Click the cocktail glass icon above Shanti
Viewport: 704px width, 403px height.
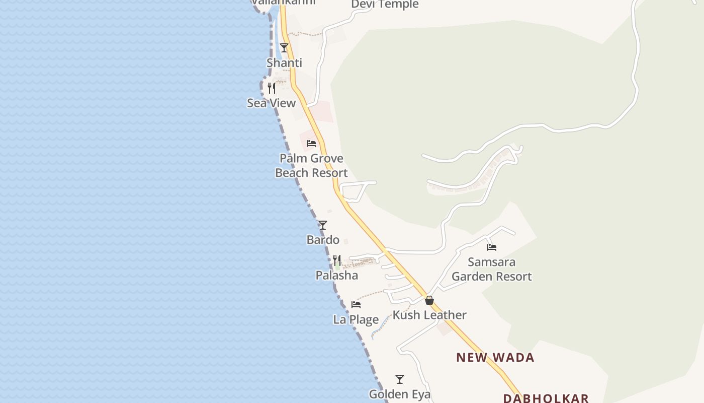click(284, 48)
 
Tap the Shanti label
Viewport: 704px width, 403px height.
click(284, 63)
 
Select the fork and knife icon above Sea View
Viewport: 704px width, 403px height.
click(272, 88)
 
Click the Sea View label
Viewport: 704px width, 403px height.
click(271, 103)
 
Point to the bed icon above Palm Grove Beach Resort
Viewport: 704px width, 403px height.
click(311, 144)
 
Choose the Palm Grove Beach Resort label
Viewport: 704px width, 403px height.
click(311, 166)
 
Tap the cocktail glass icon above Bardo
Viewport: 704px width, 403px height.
click(323, 225)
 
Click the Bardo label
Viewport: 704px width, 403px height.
click(323, 240)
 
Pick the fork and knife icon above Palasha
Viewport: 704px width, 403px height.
click(337, 260)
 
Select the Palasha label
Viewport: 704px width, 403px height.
click(337, 276)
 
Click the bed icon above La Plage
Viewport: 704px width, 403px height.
click(356, 305)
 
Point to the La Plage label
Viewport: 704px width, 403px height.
click(356, 319)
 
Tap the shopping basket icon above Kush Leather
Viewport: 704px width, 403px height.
click(429, 300)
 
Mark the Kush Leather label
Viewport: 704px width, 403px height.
click(429, 315)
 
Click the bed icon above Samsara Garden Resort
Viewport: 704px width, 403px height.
click(492, 247)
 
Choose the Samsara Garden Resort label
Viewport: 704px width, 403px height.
click(492, 269)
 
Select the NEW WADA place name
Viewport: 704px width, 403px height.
click(495, 358)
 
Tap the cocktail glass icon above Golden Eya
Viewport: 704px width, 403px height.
click(400, 379)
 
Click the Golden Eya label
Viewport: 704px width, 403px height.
click(400, 394)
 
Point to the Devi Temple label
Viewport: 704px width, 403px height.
click(385, 5)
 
